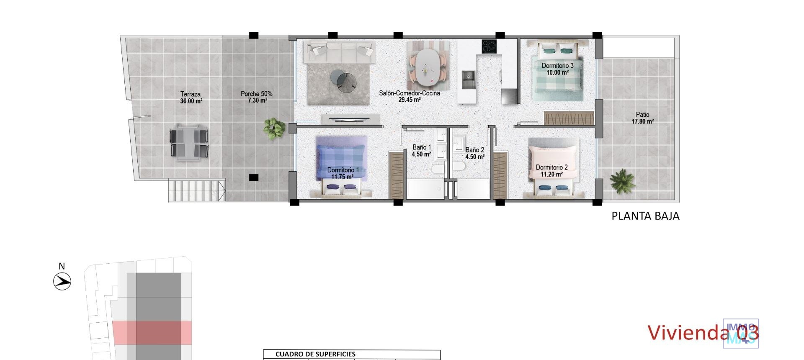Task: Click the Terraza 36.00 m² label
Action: point(191,98)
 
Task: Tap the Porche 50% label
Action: point(256,97)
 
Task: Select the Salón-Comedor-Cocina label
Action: point(410,96)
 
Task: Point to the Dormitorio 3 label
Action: point(557,69)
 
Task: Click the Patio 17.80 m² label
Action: point(642,118)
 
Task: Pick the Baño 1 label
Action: point(421,151)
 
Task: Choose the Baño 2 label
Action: point(474,153)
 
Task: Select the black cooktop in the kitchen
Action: point(489,46)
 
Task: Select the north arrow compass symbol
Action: point(62,281)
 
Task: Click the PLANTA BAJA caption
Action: point(645,216)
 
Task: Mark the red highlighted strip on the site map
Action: point(152,333)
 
